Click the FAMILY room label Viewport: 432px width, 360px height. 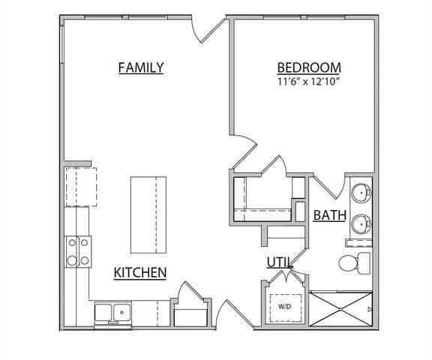[x=141, y=67]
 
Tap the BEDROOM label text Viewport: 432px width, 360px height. [x=308, y=66]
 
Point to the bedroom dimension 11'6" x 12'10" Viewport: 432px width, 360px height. [x=308, y=81]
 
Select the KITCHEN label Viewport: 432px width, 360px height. [x=139, y=272]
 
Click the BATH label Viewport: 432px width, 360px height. [x=329, y=216]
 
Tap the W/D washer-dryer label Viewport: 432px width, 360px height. [x=285, y=306]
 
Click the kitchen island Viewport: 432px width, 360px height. [x=148, y=215]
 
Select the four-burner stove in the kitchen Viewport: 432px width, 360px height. [x=79, y=251]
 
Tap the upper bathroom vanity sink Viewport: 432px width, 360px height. [x=361, y=193]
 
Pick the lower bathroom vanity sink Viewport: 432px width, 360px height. [x=361, y=223]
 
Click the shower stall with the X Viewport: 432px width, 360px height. [x=340, y=309]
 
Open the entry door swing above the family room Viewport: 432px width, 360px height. [x=207, y=30]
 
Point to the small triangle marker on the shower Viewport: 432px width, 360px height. [x=369, y=308]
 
